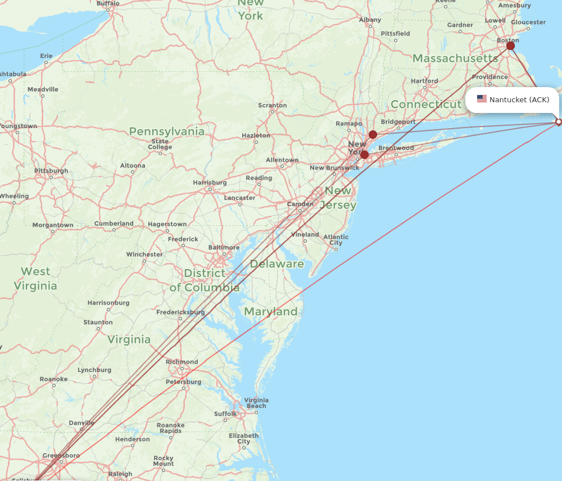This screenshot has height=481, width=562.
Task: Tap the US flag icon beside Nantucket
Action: (x=482, y=99)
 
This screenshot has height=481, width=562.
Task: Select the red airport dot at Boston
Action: (x=510, y=46)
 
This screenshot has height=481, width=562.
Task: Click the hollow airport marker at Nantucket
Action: (x=558, y=121)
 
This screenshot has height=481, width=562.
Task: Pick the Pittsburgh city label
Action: (x=51, y=171)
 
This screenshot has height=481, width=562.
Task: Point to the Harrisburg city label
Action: (x=210, y=183)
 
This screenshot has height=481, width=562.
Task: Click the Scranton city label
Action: (x=273, y=105)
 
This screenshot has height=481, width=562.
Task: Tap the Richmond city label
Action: (x=182, y=362)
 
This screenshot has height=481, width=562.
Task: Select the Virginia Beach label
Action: (x=256, y=403)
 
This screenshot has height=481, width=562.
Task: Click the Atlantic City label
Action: (x=336, y=240)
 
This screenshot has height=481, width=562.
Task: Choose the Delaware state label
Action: (x=277, y=264)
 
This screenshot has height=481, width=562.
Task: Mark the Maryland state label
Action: (x=271, y=311)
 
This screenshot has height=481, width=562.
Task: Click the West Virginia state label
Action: (x=35, y=279)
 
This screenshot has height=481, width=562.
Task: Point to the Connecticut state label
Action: (x=426, y=105)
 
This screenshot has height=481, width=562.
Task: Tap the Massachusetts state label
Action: (x=455, y=58)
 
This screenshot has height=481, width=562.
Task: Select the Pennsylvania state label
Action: (x=167, y=131)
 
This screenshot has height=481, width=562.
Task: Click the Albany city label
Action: (x=370, y=20)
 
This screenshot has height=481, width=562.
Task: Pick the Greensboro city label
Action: (x=61, y=455)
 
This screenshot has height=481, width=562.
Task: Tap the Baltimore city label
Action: (x=224, y=247)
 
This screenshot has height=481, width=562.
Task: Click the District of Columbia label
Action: (x=205, y=280)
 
